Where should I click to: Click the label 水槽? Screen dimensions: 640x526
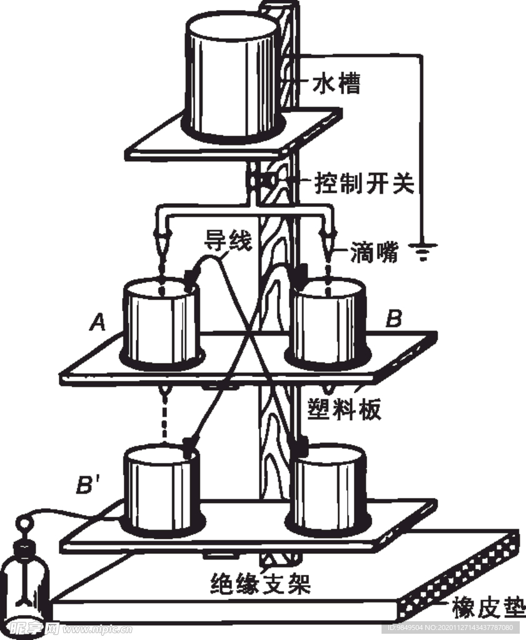point(340,83)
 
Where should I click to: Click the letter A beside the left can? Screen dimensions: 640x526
point(98,322)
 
